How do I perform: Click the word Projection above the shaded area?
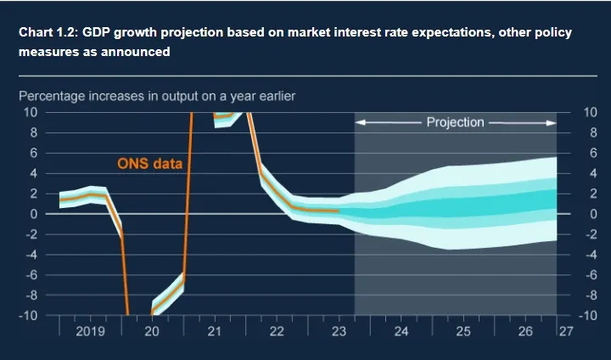(x=455, y=122)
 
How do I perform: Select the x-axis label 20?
(x=153, y=330)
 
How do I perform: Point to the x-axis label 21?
(x=215, y=330)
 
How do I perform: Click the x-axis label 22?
(x=277, y=330)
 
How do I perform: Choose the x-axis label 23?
(x=339, y=330)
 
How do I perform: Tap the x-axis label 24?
(x=401, y=330)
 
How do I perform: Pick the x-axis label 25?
(x=463, y=330)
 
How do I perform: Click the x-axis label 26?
(x=525, y=330)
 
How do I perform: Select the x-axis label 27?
(x=566, y=330)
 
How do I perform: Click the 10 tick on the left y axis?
(x=30, y=112)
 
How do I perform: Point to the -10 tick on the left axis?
(x=27, y=316)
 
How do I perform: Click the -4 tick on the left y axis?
(x=30, y=255)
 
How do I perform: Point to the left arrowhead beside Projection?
(x=359, y=122)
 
